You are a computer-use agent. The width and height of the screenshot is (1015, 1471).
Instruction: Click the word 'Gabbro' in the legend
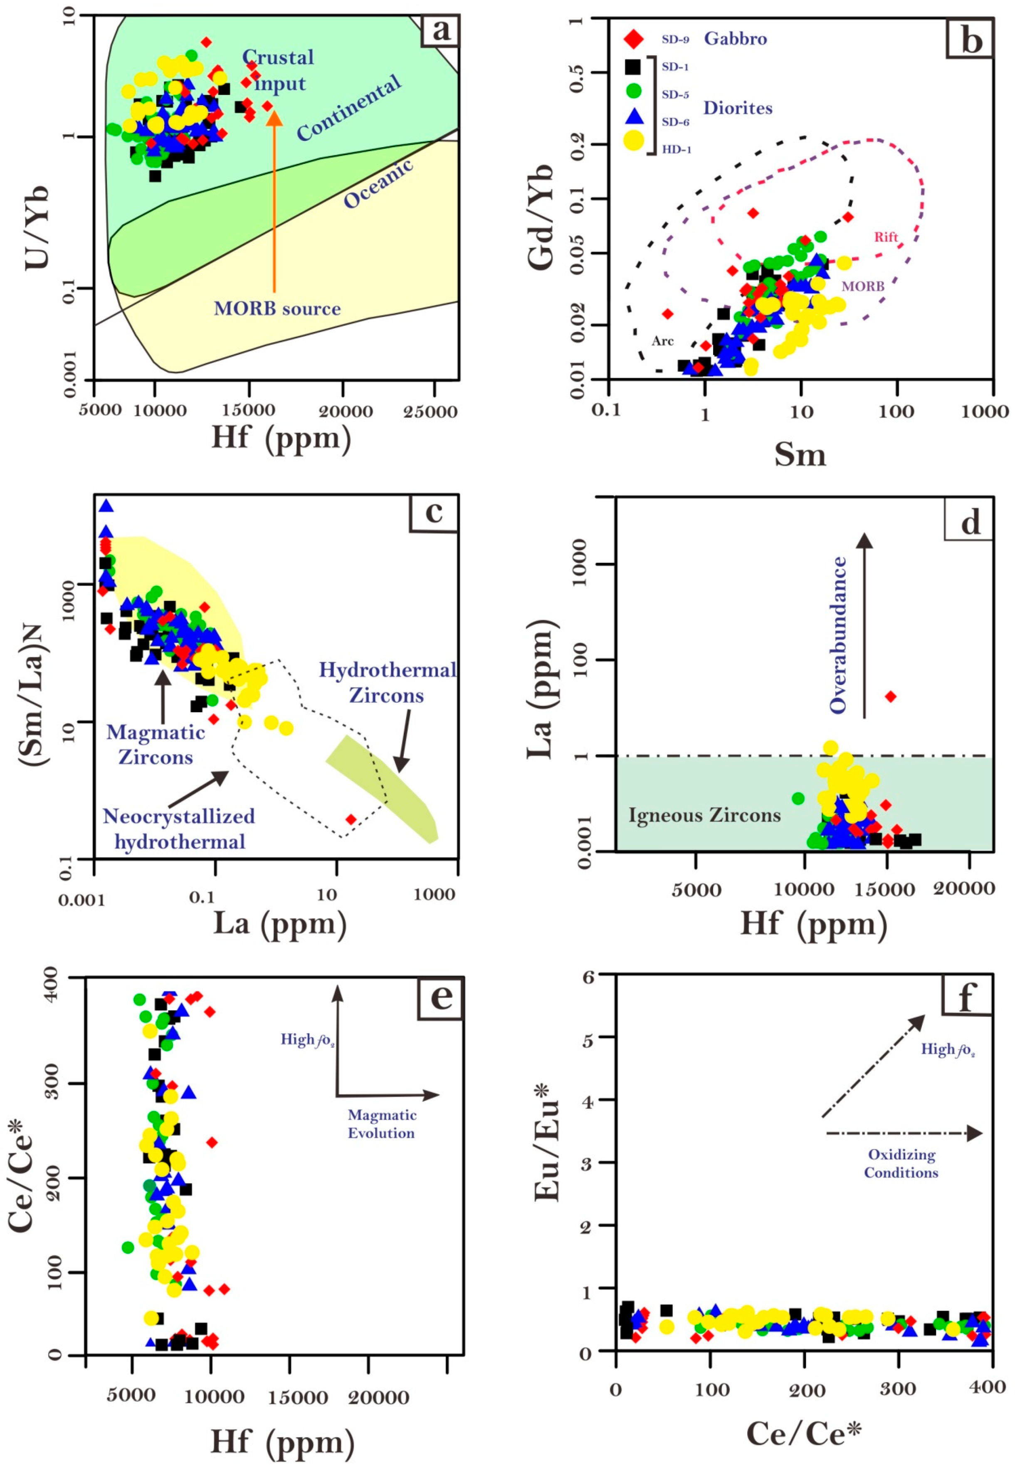(x=735, y=39)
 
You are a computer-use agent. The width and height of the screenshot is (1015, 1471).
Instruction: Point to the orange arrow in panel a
(x=274, y=203)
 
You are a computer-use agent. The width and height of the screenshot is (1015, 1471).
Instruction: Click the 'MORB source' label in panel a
(x=277, y=309)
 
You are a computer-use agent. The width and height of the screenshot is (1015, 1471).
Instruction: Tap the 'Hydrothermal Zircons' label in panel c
(x=387, y=682)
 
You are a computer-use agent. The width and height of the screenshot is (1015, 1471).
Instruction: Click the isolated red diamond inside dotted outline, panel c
(x=351, y=819)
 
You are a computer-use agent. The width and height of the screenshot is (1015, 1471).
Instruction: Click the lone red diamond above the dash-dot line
(x=891, y=696)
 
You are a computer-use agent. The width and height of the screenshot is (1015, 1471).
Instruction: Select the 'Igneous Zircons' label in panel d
(x=705, y=815)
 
